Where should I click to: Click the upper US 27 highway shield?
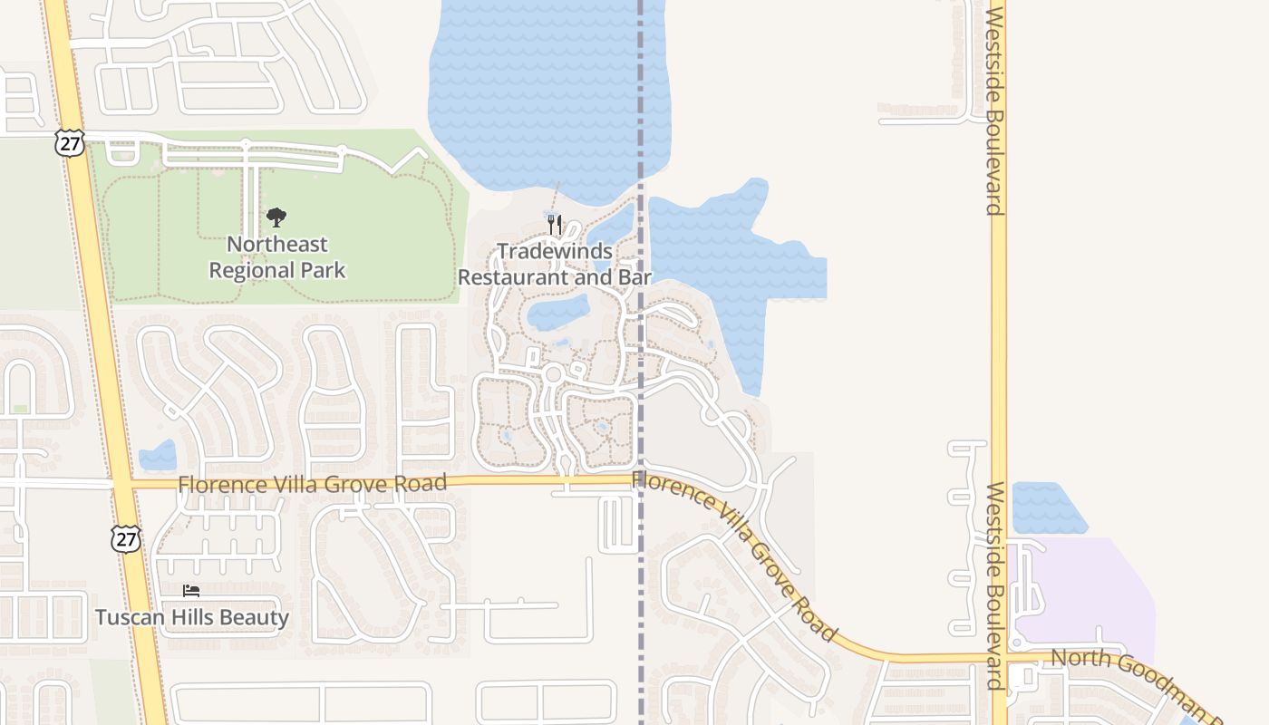point(69,142)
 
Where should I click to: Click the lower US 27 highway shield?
point(126,538)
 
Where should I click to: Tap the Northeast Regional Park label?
point(277,256)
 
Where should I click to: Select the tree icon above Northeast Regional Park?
point(276,217)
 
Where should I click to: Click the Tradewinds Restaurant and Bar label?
point(554,264)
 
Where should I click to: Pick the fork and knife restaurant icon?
point(556,224)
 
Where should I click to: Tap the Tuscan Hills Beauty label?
point(192,618)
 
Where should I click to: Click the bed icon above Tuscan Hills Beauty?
point(191,591)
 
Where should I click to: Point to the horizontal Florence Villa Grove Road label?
point(313,484)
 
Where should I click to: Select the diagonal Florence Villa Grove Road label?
point(734,554)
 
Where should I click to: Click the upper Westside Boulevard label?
point(995,111)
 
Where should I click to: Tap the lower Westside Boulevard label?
point(995,585)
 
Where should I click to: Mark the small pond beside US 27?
point(159,455)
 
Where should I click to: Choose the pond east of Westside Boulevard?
point(1046,507)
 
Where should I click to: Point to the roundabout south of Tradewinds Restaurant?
point(553,374)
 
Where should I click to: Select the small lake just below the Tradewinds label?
point(557,313)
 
